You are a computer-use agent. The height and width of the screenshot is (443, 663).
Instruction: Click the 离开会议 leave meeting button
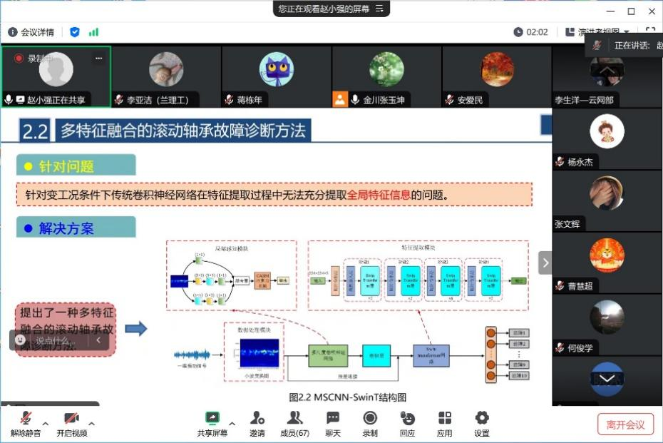[625, 424]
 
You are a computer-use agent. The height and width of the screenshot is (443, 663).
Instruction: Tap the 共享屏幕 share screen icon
[212, 418]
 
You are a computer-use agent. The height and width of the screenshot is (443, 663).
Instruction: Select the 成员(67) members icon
[294, 418]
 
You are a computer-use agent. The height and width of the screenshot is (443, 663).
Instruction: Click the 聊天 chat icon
[333, 418]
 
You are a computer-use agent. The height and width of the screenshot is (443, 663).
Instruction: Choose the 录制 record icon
[370, 418]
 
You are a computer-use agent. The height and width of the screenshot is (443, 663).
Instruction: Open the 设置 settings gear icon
[482, 418]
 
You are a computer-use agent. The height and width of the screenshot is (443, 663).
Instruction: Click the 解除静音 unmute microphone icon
[26, 419]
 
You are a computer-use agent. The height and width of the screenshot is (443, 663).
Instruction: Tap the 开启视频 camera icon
[71, 419]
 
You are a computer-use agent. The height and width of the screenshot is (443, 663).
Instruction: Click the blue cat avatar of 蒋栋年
[276, 69]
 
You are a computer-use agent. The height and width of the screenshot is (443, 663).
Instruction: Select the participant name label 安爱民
[470, 101]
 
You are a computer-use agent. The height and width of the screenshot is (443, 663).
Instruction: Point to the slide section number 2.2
[35, 131]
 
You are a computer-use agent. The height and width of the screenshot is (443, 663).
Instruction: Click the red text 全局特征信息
[379, 195]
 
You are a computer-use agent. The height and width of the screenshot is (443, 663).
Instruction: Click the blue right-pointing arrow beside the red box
[135, 328]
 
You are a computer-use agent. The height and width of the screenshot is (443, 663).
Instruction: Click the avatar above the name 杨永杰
[607, 131]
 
